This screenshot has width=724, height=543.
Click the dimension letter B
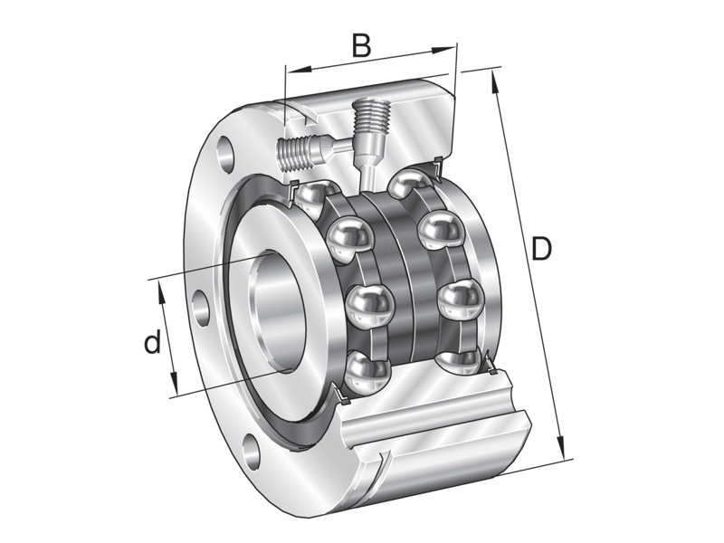pos(360,45)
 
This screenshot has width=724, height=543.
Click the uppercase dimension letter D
pos(540,248)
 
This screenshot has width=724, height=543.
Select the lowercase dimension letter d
pos(153,342)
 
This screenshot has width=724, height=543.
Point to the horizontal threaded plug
pos(300,151)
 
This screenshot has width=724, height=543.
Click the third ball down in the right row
pos(458,298)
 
